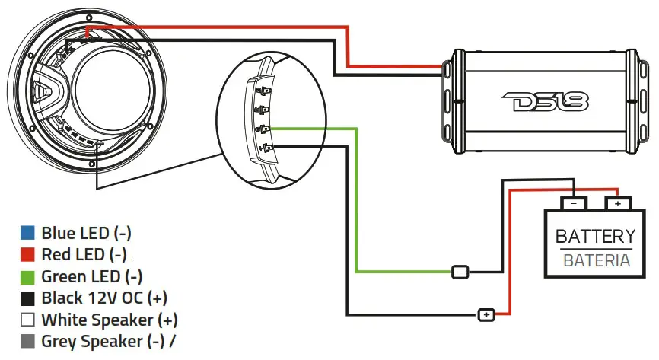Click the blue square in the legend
27,233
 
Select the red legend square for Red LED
27,255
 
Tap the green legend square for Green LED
27,276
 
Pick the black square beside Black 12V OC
27,298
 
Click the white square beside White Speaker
27,320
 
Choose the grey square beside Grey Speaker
27,342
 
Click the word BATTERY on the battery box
595,237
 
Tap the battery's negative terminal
574,203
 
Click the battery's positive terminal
617,203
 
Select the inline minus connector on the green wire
460,272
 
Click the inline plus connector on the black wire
486,314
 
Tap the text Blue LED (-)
91,233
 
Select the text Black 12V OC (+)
104,298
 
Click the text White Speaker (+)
110,320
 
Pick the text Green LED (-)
92,276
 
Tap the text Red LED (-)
84,255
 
